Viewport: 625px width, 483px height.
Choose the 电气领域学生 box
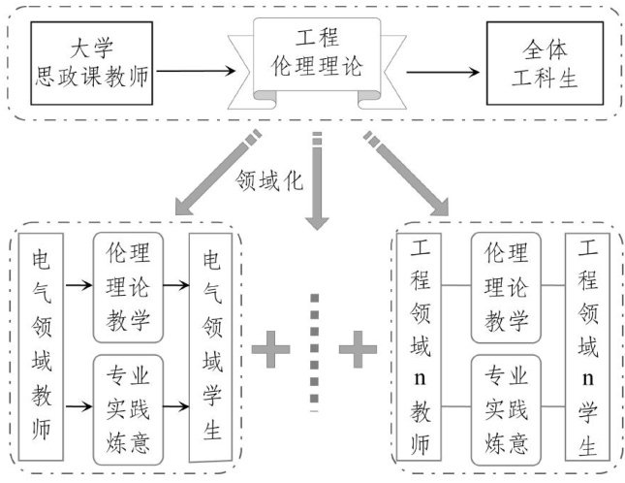(210, 345)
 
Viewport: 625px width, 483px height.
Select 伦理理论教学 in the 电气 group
(127, 287)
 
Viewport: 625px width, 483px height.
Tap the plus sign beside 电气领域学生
(271, 348)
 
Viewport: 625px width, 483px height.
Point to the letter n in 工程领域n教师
(420, 371)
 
